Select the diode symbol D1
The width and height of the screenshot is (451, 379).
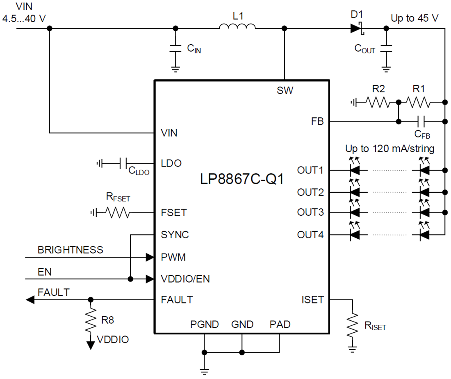coord(357,28)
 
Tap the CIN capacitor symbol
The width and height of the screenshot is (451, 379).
coord(175,48)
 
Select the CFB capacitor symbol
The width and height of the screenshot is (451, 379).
coord(421,121)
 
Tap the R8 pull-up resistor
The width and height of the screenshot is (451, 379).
coord(91,320)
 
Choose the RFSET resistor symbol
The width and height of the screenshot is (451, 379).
coord(118,212)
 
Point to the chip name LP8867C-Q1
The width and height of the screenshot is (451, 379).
coord(242,179)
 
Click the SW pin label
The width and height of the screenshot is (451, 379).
coord(285,91)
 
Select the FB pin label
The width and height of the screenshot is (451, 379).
coord(317,121)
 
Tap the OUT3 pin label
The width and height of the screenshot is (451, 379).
coord(310,212)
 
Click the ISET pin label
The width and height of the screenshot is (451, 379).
coord(312,300)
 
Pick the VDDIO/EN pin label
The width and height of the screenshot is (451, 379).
coord(185,279)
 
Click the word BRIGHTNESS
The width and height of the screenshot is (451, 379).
coord(71,250)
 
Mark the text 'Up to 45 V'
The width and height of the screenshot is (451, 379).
coord(415,18)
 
